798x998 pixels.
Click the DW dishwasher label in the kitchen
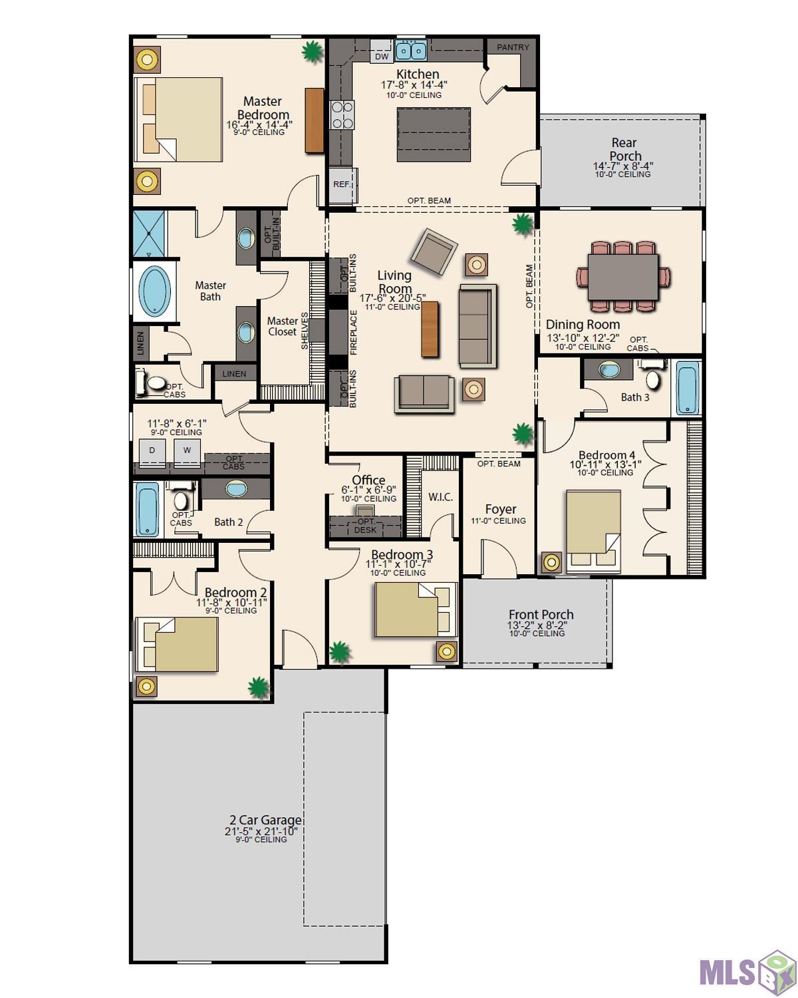pos(381,56)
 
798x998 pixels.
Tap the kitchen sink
pos(410,50)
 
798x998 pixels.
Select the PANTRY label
pos(512,47)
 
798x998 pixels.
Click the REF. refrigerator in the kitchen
pos(342,184)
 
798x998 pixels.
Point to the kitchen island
pos(433,134)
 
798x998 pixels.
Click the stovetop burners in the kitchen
pos(342,114)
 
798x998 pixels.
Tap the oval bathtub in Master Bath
pos(154,291)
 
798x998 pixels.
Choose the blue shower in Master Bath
pos(149,234)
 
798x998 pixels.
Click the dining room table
pos(622,276)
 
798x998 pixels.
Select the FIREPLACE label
pos(354,332)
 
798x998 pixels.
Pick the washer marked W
pos(187,450)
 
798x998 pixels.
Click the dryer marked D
pos(152,450)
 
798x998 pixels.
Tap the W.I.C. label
pos(440,497)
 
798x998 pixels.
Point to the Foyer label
pos(500,509)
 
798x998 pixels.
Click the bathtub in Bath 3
pos(687,387)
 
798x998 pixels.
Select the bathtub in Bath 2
pos(148,509)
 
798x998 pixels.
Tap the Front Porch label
pos(541,614)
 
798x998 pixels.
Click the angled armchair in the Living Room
pos(434,251)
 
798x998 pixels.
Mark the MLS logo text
pos(728,972)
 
